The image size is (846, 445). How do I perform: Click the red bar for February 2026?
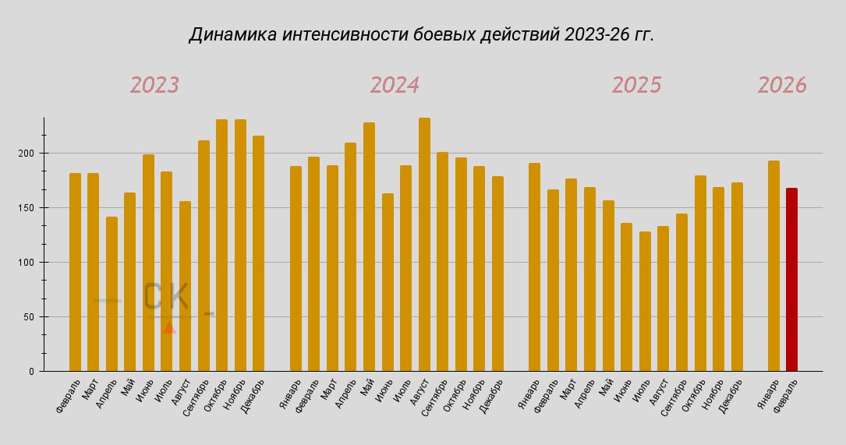coord(791,281)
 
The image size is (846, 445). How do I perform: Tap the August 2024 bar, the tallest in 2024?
coord(424,245)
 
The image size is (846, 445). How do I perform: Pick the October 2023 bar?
coord(221,245)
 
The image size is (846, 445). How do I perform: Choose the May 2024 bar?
coord(369,247)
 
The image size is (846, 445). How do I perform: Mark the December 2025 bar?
coord(737,277)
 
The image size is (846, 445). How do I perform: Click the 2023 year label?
coord(154,85)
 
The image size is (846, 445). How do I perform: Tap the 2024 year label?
coord(395,85)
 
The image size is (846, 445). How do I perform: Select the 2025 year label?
coord(636,85)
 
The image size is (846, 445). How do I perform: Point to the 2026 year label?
coord(782,85)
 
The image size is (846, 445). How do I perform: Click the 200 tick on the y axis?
coord(27,154)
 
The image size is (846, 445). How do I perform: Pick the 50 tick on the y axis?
coord(30,317)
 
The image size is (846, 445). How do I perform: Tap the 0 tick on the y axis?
coord(33,372)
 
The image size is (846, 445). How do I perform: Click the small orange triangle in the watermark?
coord(169,327)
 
